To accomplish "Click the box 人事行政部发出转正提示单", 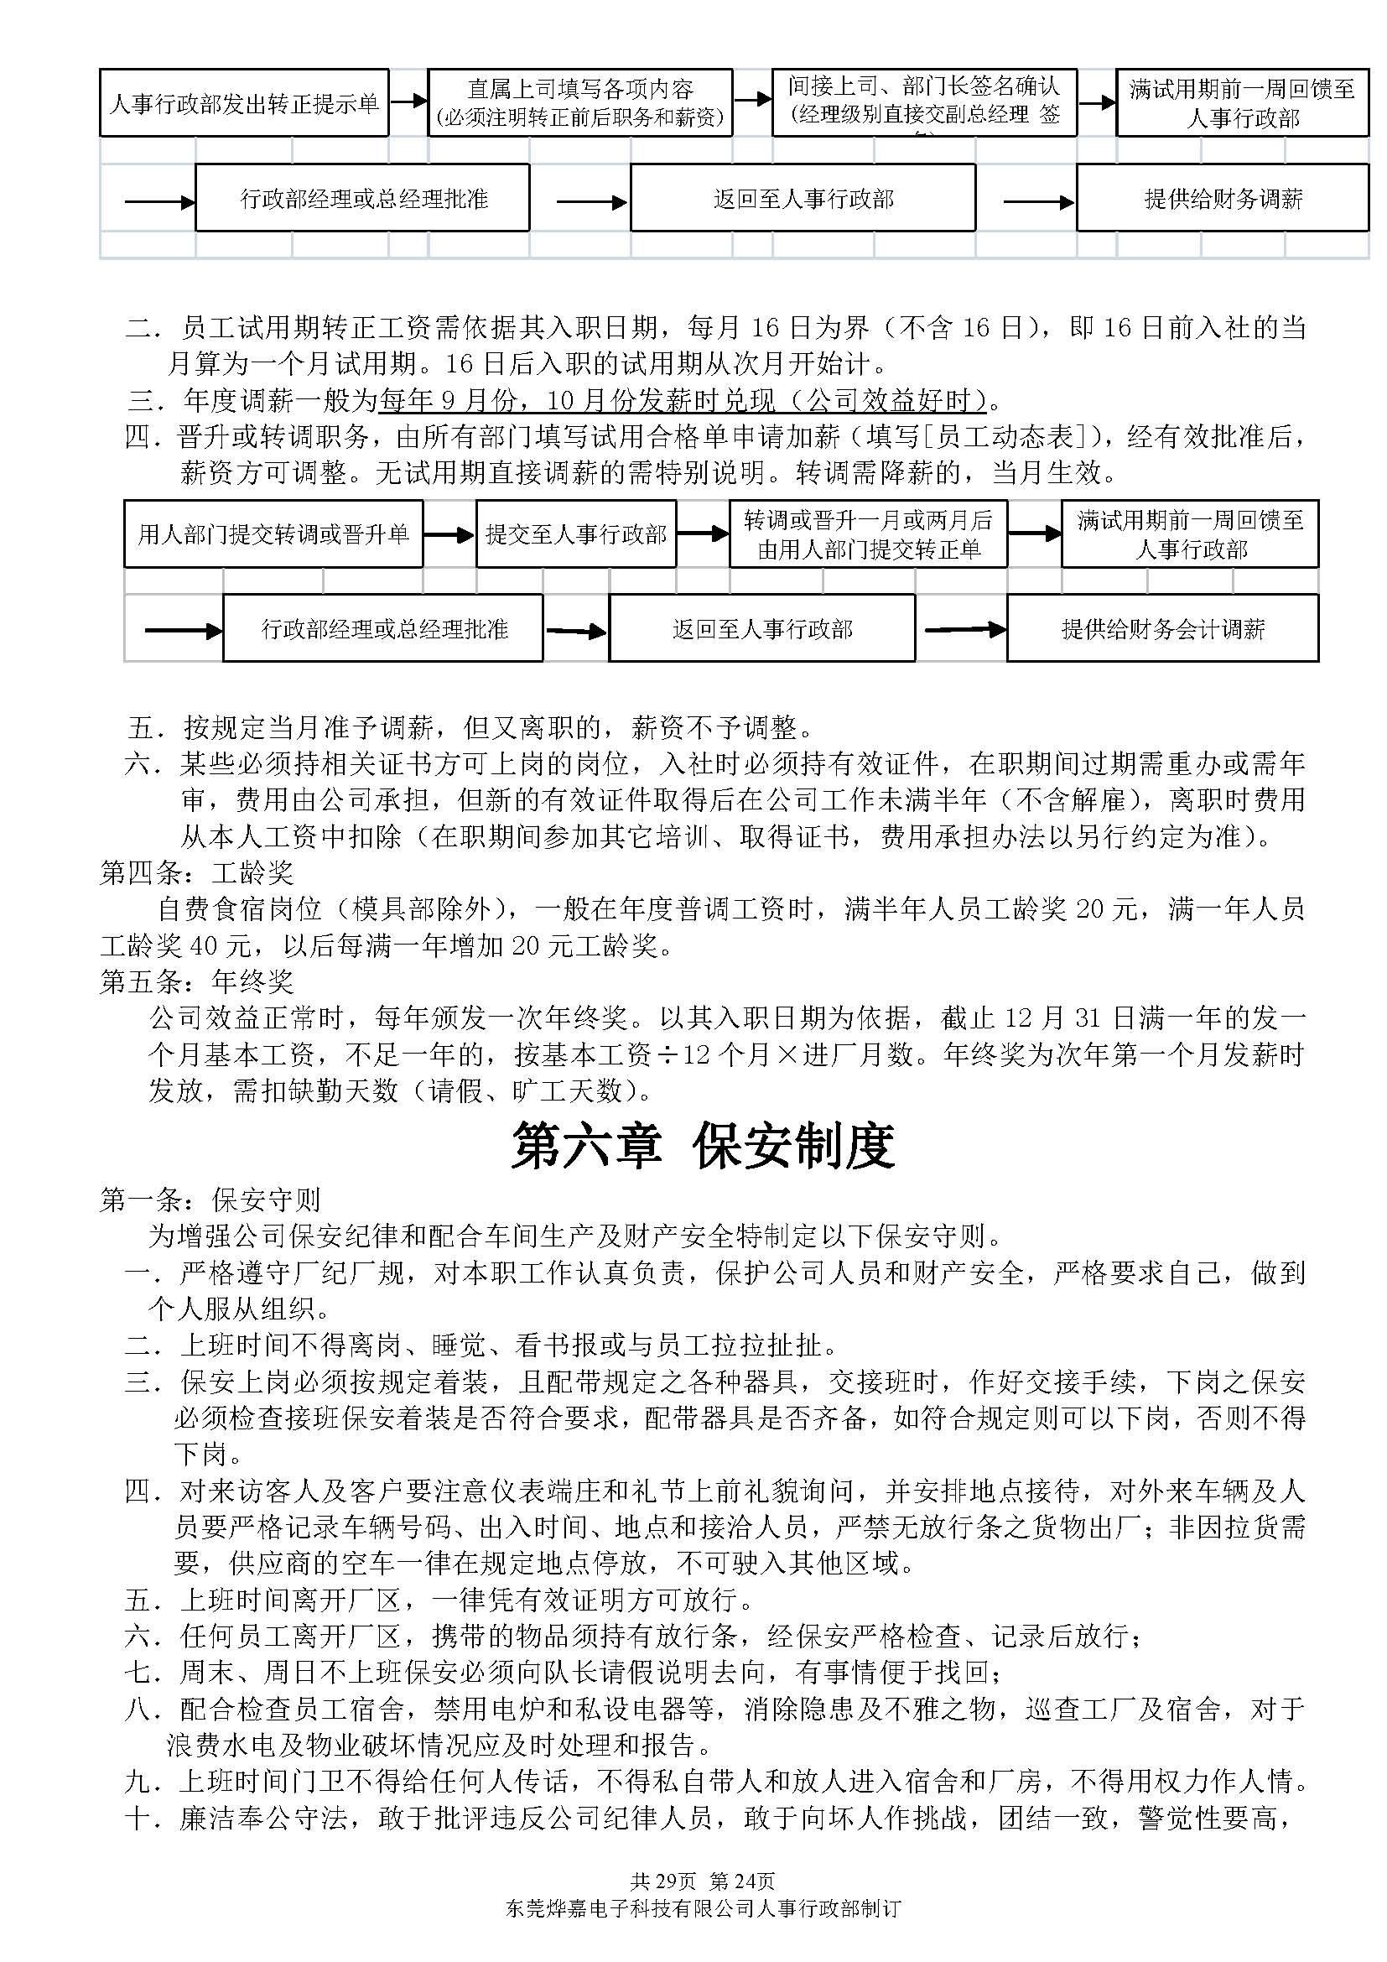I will coord(244,103).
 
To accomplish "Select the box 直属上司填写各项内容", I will coord(580,103).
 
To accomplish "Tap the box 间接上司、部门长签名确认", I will coord(923,103).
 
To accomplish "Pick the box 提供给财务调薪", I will coord(1222,199).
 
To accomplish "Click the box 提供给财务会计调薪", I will coord(1162,630).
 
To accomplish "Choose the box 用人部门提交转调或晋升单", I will coord(273,534).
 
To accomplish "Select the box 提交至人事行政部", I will coord(575,534).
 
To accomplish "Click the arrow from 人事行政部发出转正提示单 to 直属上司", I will coord(408,101).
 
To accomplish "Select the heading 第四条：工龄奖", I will coord(196,872).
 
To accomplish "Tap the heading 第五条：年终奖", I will coord(196,981).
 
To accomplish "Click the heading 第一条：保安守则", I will coord(210,1200).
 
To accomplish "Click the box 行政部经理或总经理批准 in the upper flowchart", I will coord(363,199).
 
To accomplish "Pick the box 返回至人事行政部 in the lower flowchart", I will coord(761,630).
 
